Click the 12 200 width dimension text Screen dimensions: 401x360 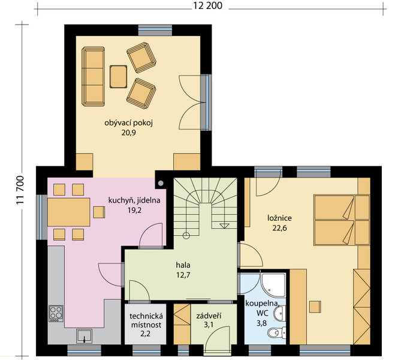207,5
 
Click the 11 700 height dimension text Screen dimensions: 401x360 20,190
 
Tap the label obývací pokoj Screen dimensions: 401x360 128,123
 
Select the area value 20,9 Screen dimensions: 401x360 128,133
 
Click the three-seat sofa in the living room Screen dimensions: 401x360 93,76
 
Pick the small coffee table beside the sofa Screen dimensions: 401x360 119,77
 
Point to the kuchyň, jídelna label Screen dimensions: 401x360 134,200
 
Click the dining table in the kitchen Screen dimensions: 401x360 69,212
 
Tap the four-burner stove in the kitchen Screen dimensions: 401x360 56,314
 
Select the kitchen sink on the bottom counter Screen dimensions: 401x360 84,336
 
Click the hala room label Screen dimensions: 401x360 183,265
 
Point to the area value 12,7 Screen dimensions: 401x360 183,275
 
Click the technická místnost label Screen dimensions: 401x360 146,320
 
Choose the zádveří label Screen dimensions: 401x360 209,316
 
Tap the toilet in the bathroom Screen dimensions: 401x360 276,333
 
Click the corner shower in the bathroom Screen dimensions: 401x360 273,285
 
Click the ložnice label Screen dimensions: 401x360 279,218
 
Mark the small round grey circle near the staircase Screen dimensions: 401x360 161,184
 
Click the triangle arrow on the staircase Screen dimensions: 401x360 225,226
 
